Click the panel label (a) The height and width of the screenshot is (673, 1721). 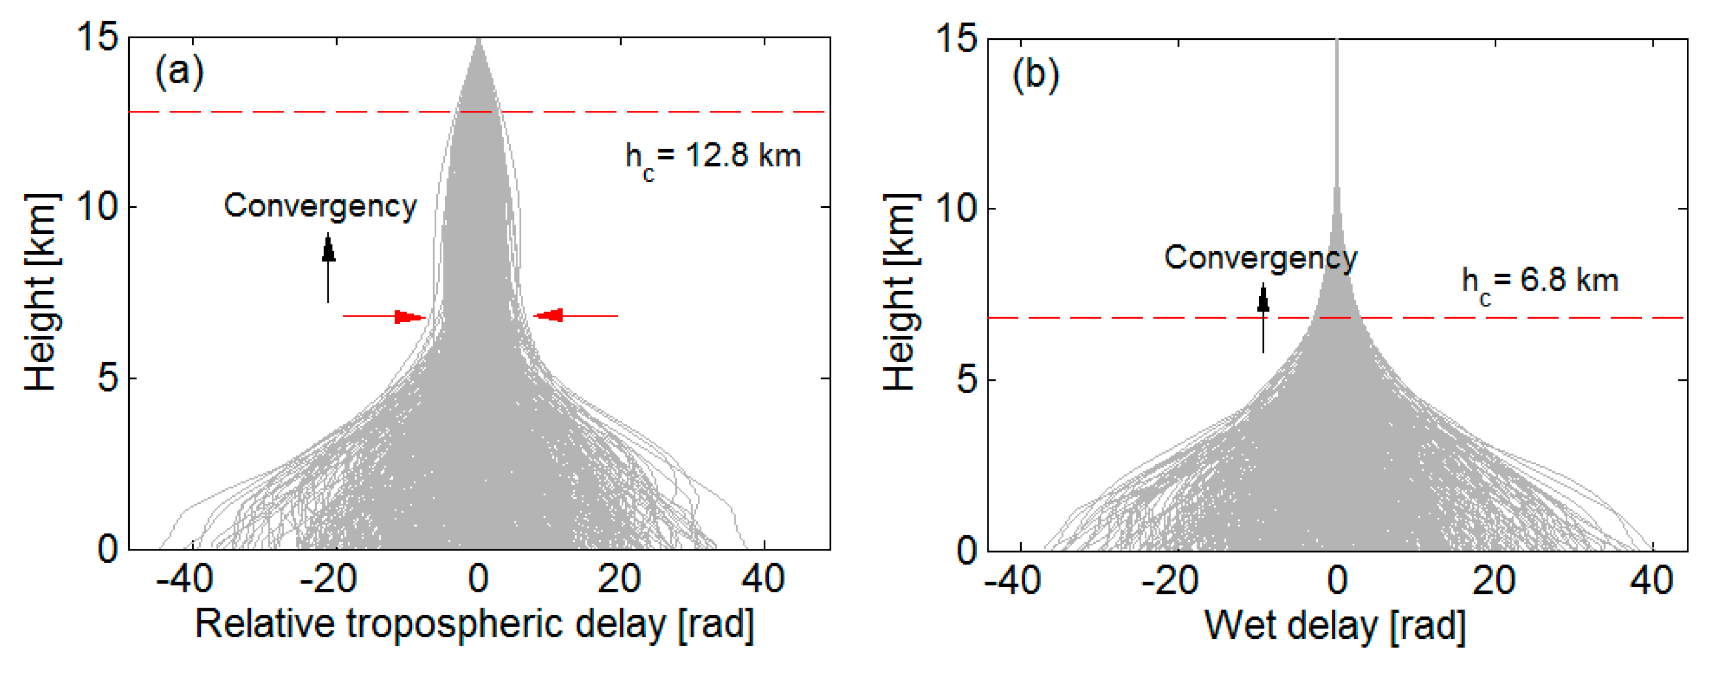click(179, 71)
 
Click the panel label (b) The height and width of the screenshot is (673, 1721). click(1035, 74)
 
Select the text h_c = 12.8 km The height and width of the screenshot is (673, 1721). click(712, 158)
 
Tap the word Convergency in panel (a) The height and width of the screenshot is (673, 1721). click(320, 206)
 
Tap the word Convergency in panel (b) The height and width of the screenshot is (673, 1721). click(1260, 258)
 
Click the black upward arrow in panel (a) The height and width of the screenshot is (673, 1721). click(328, 267)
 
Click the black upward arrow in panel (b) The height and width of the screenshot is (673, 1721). click(1263, 318)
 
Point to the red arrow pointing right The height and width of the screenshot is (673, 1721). click(384, 316)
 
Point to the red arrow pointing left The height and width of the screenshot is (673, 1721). click(576, 315)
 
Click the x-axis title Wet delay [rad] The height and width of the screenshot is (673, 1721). click(1335, 626)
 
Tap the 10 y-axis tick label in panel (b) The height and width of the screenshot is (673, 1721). click(957, 208)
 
